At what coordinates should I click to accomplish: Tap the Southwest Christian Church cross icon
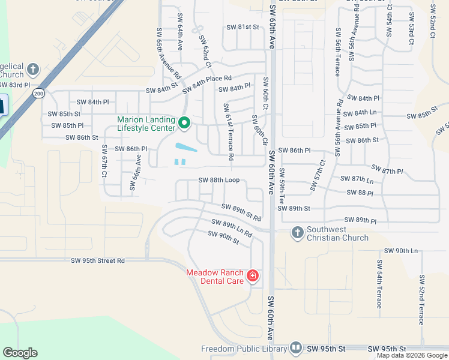297,232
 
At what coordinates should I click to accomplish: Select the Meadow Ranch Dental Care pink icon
253,275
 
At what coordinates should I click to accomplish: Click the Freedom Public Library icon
295,348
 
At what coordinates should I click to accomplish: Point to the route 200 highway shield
39,94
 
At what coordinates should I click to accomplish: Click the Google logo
20,353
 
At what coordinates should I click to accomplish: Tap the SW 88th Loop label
219,180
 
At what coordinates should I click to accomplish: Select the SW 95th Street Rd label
98,261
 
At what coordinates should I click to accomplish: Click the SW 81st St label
243,27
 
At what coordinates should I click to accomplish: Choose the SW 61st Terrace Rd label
228,131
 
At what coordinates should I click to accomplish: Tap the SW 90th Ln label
400,250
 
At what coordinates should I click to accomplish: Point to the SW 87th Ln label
357,179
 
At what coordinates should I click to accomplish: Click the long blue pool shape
186,147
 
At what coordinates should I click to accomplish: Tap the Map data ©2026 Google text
411,355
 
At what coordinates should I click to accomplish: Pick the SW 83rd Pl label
14,86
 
